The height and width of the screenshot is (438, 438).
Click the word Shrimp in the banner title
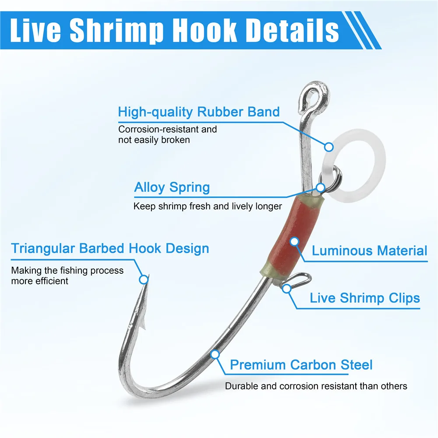[x=117, y=31]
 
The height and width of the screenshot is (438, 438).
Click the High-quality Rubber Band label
[x=198, y=112]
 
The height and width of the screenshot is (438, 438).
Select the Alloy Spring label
[x=172, y=187]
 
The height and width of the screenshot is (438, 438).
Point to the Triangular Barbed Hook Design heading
[x=110, y=248]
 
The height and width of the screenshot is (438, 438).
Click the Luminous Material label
[x=369, y=251]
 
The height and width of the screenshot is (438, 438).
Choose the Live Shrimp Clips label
[x=365, y=298]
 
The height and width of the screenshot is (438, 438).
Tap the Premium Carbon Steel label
[x=301, y=365]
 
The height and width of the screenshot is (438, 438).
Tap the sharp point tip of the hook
[x=148, y=276]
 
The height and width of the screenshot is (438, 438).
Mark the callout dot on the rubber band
[x=329, y=147]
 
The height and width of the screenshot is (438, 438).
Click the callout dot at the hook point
[x=144, y=279]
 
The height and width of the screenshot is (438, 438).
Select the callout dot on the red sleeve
[x=294, y=242]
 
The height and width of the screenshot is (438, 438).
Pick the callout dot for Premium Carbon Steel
[x=215, y=354]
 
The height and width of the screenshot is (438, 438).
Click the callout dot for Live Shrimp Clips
[x=286, y=289]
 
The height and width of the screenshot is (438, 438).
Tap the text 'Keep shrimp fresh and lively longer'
[x=208, y=206]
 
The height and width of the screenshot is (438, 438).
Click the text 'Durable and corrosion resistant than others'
[x=316, y=386]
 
